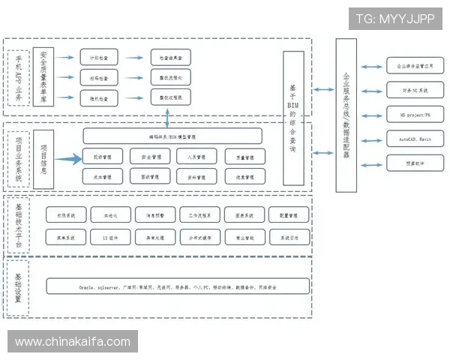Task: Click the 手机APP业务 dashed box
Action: [17, 78]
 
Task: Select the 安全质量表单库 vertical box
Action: [44, 78]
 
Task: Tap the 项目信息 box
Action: [44, 157]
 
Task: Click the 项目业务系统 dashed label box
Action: [17, 158]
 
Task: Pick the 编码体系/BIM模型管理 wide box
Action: [172, 136]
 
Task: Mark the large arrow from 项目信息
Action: [67, 157]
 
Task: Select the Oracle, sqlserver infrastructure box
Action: [178, 286]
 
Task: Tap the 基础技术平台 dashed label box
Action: [17, 223]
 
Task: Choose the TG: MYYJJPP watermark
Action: [394, 19]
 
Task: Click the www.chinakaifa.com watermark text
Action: [73, 342]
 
